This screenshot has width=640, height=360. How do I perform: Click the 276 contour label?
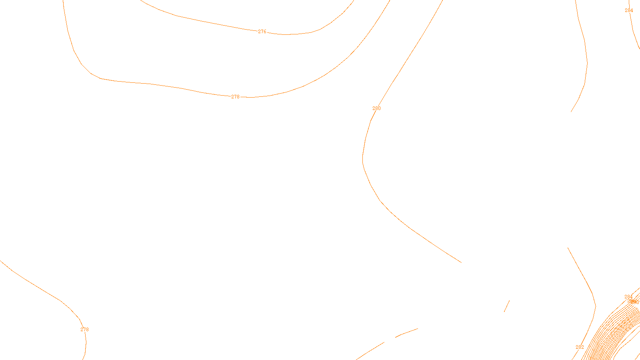coord(262,32)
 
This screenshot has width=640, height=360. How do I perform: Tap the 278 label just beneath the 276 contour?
coord(235,97)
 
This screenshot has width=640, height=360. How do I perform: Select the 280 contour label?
coord(376,108)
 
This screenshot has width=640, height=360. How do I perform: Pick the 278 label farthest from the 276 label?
coord(84,330)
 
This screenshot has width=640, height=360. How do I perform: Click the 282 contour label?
coord(580,347)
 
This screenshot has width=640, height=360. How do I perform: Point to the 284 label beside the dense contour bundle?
coord(628,297)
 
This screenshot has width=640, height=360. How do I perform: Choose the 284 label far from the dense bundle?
coord(629,10)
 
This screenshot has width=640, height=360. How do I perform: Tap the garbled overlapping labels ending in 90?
coord(634,302)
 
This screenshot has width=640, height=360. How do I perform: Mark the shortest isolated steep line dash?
coord(506,306)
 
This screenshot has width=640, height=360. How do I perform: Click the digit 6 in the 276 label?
coord(265,32)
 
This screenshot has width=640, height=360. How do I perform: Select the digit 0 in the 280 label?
coord(379,108)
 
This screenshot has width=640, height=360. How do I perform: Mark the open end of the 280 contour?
coord(461,262)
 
